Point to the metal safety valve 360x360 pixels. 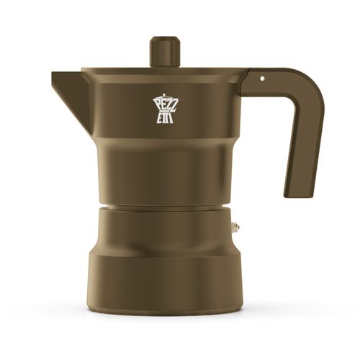(235, 228)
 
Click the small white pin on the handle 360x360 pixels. (262, 77)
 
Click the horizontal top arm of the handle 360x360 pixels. (277, 77)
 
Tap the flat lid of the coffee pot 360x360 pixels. (164, 71)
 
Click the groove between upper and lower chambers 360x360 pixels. (164, 207)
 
